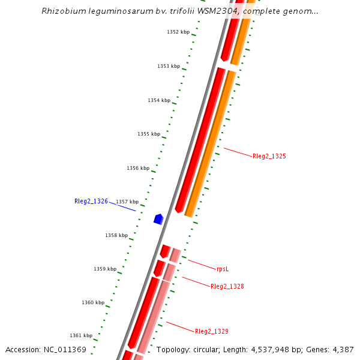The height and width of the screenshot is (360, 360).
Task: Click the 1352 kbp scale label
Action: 178,32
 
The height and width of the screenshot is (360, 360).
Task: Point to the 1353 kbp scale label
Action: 169,66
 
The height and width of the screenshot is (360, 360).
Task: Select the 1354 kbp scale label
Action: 159,100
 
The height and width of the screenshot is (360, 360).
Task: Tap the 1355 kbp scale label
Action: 149,134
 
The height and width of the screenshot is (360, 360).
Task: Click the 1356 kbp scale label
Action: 138,168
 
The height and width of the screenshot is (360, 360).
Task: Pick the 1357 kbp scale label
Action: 127,202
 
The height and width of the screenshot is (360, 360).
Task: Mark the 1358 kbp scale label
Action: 116,235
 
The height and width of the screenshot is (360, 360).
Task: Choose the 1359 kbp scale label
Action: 105,269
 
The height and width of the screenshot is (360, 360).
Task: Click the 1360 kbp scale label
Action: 93,302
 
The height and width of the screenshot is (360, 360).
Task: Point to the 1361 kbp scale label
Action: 81,335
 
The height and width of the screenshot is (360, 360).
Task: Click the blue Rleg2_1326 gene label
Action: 91,201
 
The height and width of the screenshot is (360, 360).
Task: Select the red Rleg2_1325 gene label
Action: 269,156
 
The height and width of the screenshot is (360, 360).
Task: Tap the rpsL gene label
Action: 223,269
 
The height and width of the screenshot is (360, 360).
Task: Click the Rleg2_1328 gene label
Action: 227,286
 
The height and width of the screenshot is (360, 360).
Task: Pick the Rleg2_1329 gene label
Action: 212,331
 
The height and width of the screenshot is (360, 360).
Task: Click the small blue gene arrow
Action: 158,219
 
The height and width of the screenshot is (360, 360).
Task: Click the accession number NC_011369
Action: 64,349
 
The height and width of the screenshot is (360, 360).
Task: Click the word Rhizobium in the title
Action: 64,11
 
